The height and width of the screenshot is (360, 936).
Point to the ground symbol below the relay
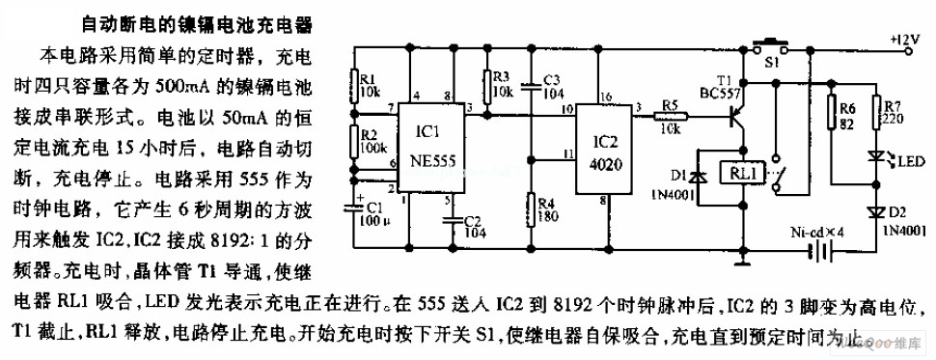[742, 260]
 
